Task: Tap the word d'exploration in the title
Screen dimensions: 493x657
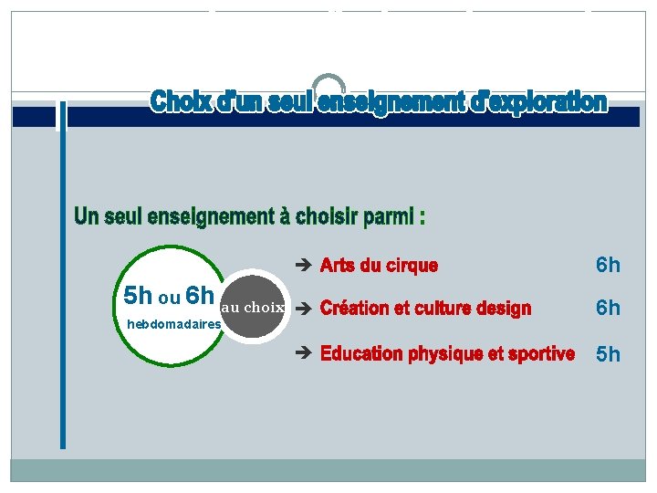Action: tap(537, 101)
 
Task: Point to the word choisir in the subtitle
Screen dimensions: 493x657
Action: tap(325, 217)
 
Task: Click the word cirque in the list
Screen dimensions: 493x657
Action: tap(412, 266)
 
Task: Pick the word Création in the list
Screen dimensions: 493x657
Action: tap(355, 309)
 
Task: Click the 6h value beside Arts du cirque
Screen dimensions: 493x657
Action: tap(608, 266)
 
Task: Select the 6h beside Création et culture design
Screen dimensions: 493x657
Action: tap(608, 309)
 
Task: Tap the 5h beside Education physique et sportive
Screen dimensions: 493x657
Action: tap(608, 354)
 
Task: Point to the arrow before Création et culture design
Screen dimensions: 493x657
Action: tap(306, 309)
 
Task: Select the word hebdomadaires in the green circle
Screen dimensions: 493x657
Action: tap(174, 324)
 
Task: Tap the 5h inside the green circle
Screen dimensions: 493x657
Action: tap(138, 297)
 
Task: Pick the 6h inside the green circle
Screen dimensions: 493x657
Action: tap(199, 297)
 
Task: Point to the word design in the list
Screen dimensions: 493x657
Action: tap(502, 309)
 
